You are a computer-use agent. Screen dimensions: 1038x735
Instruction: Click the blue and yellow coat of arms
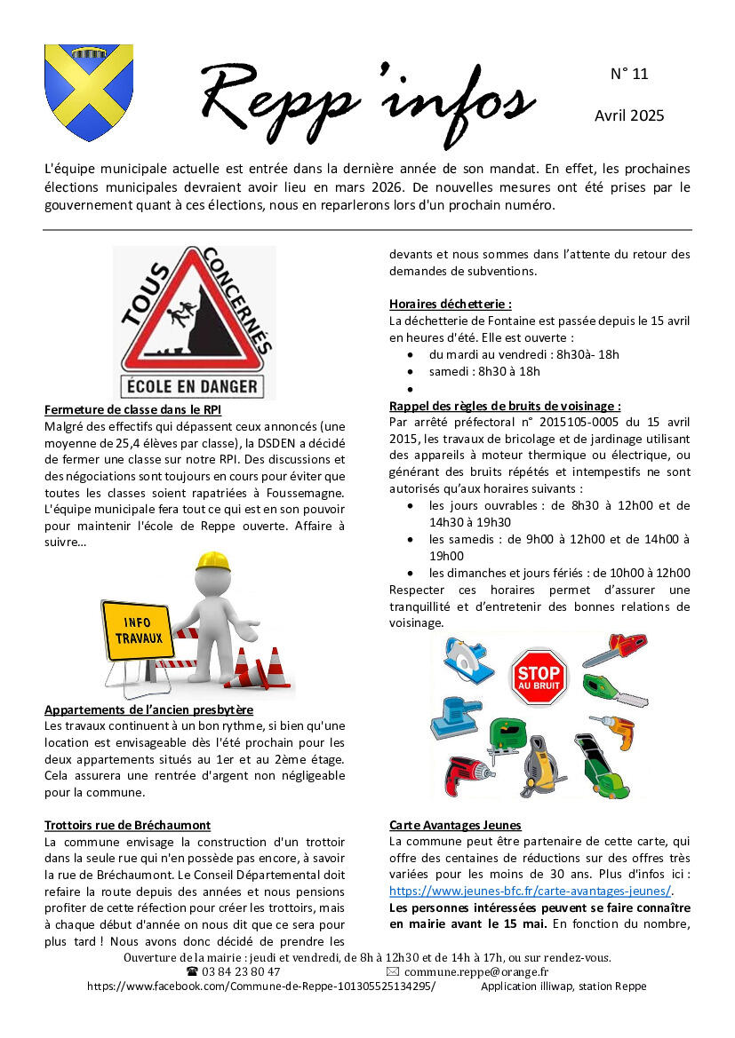89,92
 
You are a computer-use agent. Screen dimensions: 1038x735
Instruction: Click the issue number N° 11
629,74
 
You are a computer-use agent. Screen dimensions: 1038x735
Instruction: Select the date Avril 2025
629,115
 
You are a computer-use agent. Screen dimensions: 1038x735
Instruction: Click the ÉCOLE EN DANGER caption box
192,386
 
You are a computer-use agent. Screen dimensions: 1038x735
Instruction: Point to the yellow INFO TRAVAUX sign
137,630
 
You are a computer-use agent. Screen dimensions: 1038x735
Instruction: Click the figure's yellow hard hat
212,561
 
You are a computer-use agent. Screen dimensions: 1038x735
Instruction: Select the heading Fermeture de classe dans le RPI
132,409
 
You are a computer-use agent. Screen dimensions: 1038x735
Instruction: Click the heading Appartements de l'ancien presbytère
148,709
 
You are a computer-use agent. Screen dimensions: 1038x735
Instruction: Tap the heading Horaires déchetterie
450,304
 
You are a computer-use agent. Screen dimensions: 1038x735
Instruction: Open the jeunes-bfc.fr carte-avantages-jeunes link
530,891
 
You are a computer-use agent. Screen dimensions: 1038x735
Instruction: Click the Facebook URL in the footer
261,986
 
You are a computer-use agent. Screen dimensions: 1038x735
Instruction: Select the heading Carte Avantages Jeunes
455,825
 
